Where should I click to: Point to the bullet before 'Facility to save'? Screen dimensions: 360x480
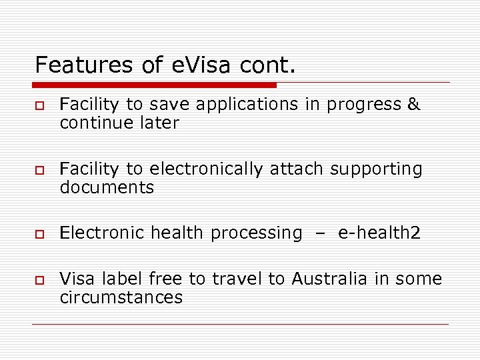[39, 106]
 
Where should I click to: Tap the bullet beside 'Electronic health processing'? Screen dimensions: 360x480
[39, 234]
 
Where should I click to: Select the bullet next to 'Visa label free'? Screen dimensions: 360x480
[39, 280]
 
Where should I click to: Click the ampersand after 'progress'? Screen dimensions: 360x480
[413, 105]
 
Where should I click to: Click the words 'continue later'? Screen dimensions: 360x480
[119, 123]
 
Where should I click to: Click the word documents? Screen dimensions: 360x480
[107, 188]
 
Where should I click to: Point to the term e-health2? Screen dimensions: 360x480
[379, 233]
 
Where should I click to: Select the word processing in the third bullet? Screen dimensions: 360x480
[257, 233]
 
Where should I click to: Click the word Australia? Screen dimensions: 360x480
[327, 279]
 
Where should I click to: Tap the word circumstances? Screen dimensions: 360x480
[121, 297]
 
